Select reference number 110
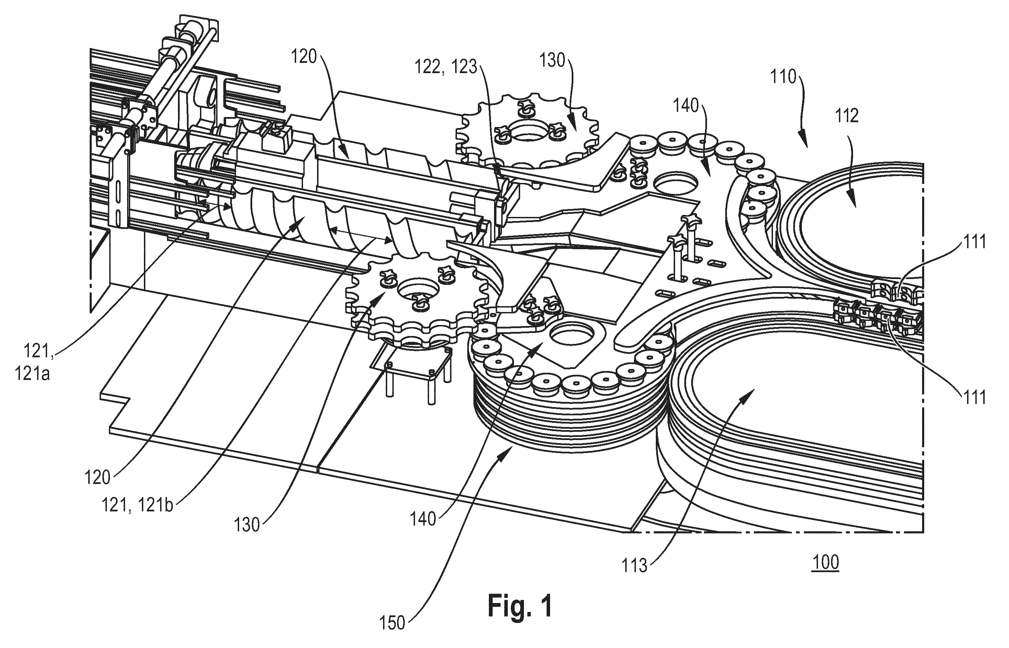click(784, 77)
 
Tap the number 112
click(847, 116)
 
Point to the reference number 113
click(635, 566)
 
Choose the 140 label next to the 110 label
click(686, 106)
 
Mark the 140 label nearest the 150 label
click(423, 519)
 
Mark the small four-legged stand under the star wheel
click(411, 370)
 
